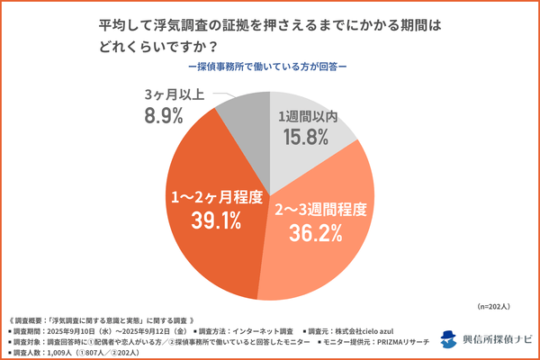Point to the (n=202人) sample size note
click(501, 308)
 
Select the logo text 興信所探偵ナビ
click(498, 338)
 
